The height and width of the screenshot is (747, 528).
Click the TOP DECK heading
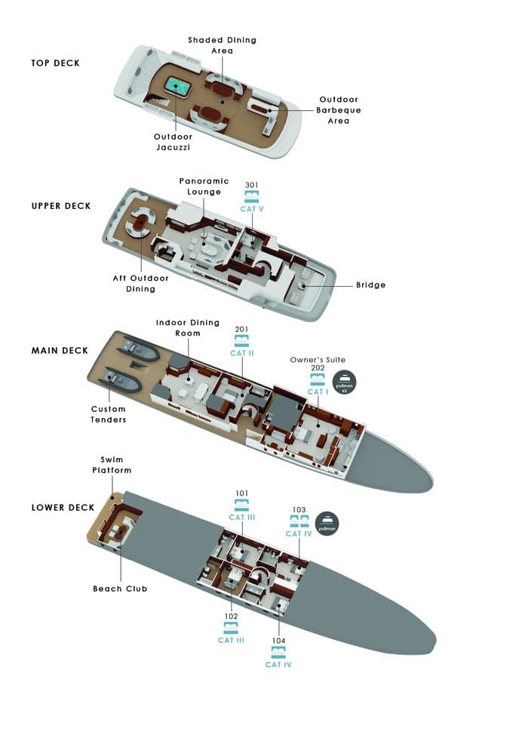point(55,63)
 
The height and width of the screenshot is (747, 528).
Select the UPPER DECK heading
point(61,206)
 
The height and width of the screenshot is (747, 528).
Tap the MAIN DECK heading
point(60,351)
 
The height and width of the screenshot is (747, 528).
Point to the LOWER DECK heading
point(63,508)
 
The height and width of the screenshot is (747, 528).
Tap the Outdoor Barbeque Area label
point(339,110)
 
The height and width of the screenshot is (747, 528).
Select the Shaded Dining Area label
point(223,45)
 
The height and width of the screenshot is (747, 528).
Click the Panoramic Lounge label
point(201,186)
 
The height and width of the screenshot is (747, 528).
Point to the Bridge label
point(370,285)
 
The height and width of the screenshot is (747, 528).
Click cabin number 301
point(253,185)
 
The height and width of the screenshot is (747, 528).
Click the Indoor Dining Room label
point(188,327)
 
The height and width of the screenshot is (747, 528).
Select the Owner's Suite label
point(318,360)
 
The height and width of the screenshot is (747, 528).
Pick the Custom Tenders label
point(109,414)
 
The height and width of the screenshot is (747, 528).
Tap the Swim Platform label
point(116,465)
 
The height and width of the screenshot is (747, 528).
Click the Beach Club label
point(120,589)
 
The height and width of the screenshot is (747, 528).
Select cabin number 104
point(278,640)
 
